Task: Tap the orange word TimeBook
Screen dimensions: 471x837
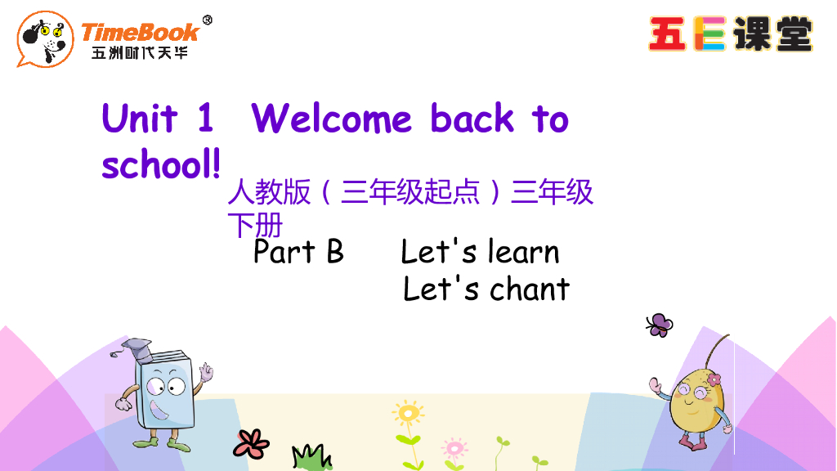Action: pos(140,32)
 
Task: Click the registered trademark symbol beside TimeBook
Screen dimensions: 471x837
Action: pos(207,20)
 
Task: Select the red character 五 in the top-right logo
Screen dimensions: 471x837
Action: pos(667,34)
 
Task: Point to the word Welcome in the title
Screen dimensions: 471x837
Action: pos(332,119)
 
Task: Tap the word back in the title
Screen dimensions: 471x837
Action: pos(472,119)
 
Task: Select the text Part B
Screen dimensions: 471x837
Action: pos(298,252)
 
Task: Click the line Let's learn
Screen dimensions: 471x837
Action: pos(480,252)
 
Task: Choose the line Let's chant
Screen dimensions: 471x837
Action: pos(486,289)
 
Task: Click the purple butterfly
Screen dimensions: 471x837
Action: pos(659,325)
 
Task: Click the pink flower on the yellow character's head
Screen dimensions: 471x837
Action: pos(714,379)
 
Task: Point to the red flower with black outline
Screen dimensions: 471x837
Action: pos(251,443)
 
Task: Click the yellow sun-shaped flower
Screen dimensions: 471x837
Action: pos(407,413)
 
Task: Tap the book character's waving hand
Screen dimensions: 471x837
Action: pos(205,375)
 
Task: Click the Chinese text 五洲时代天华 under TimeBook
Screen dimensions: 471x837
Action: pos(140,54)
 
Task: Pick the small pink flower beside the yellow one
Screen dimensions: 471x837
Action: pos(454,448)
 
